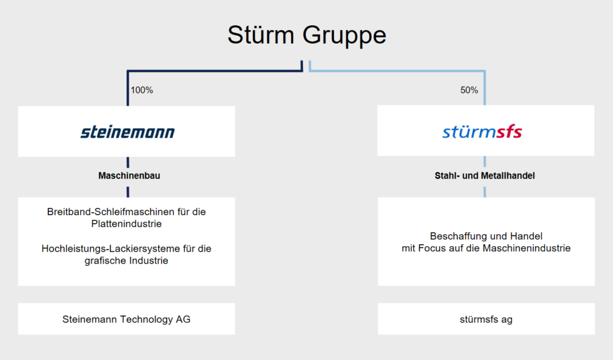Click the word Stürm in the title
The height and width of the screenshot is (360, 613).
[x=261, y=35]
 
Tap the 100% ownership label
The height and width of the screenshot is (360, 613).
[x=142, y=90]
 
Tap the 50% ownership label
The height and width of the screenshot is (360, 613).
[x=469, y=90]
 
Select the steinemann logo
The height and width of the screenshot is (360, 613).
[x=128, y=132]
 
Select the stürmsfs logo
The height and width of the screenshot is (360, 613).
[x=482, y=132]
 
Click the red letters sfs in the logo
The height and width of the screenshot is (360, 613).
[x=509, y=132]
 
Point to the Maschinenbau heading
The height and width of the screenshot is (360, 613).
[x=129, y=176]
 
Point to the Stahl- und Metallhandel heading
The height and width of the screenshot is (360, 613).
[x=485, y=176]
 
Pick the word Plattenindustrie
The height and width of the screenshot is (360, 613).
[x=126, y=224]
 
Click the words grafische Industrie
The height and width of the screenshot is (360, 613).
[x=126, y=261]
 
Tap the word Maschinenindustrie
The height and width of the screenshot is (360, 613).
[x=527, y=248]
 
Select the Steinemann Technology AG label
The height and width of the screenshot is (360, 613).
[x=126, y=319]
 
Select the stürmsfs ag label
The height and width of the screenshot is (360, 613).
[x=486, y=319]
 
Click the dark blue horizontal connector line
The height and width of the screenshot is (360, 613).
[x=215, y=71]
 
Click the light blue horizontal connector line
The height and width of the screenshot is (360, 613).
[x=397, y=71]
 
